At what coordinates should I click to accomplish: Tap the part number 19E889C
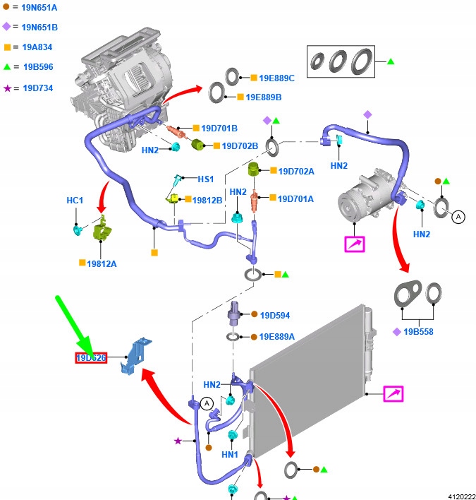(276, 78)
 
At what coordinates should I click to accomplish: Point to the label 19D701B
(219, 129)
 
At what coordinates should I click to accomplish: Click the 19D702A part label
(295, 171)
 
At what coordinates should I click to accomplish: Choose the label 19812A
(102, 263)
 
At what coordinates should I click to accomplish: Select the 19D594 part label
(275, 315)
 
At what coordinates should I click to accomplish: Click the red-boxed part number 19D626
(91, 358)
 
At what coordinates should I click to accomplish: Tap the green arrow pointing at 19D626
(74, 326)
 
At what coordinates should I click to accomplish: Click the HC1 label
(75, 201)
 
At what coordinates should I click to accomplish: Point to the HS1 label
(205, 179)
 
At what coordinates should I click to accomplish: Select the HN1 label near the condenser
(230, 456)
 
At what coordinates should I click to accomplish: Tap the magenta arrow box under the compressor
(354, 244)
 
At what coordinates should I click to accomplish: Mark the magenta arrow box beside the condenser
(393, 394)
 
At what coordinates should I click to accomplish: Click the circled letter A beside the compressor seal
(458, 218)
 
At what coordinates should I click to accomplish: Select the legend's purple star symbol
(8, 88)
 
